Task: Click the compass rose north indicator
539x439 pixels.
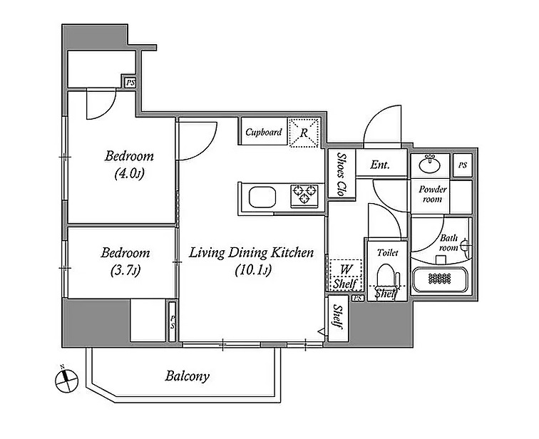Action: click(66, 380)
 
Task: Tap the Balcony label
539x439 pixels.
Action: click(187, 376)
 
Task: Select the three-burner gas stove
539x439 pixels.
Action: click(304, 195)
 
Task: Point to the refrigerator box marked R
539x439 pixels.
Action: click(304, 133)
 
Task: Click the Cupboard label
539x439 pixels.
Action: click(264, 133)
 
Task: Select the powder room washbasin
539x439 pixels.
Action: click(430, 164)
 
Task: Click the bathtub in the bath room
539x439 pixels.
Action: click(440, 279)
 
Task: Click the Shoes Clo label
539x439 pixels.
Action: click(341, 174)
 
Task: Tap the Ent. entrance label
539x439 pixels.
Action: click(380, 165)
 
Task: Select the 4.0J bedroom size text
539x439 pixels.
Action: click(129, 174)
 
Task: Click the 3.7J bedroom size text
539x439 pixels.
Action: click(125, 272)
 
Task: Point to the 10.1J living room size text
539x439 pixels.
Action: click(253, 271)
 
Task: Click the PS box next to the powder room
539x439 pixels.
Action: click(462, 165)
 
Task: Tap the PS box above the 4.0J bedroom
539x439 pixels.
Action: click(130, 83)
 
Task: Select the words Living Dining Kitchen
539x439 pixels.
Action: click(251, 253)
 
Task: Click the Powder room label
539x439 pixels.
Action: click(433, 194)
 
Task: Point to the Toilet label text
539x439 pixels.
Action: click(387, 253)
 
